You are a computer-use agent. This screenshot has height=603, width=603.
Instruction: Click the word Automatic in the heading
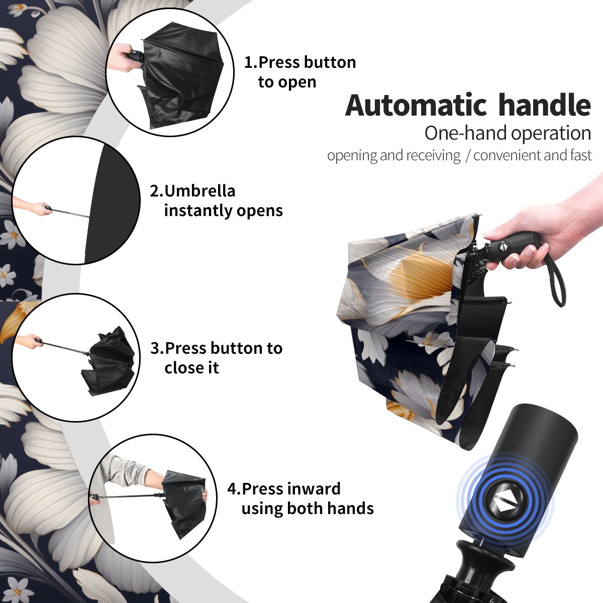tap(416, 106)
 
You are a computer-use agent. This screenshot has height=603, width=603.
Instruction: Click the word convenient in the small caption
tap(507, 155)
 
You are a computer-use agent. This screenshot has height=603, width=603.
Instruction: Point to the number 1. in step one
tap(251, 62)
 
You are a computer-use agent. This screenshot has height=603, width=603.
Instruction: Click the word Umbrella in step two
tap(200, 191)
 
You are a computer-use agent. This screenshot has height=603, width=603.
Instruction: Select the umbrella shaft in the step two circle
tap(70, 213)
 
